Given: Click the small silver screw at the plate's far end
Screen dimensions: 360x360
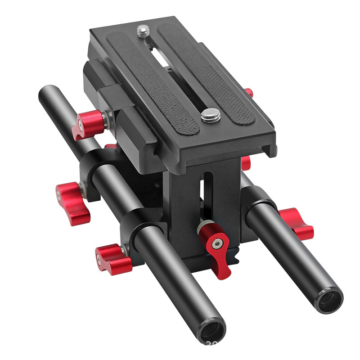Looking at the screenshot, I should [143, 31].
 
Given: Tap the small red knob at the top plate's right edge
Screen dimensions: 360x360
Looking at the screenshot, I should [249, 93].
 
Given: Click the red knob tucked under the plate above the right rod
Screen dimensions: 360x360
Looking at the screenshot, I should [246, 163].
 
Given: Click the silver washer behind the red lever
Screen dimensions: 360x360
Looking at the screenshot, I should [202, 224].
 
